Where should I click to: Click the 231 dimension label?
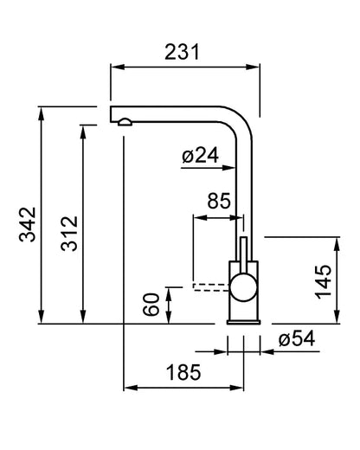click(x=182, y=52)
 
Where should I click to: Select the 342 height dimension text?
click(x=28, y=224)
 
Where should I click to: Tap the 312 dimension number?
click(x=69, y=234)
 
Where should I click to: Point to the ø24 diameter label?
click(x=200, y=155)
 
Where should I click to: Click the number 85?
click(x=219, y=201)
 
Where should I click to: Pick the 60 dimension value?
click(x=151, y=304)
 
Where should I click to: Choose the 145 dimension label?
click(x=323, y=281)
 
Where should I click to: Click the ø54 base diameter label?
click(x=297, y=338)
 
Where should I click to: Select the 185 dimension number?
click(x=183, y=372)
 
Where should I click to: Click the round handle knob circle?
click(x=243, y=287)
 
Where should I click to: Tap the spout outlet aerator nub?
click(x=125, y=122)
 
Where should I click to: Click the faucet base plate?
click(x=244, y=322)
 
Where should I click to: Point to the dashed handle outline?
click(x=211, y=287)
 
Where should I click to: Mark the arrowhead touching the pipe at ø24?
click(x=229, y=167)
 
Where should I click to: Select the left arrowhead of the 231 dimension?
click(x=118, y=67)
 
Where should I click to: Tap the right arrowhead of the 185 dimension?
click(x=237, y=388)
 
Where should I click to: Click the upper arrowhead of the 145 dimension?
click(x=337, y=244)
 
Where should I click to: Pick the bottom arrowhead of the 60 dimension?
click(x=169, y=317)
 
